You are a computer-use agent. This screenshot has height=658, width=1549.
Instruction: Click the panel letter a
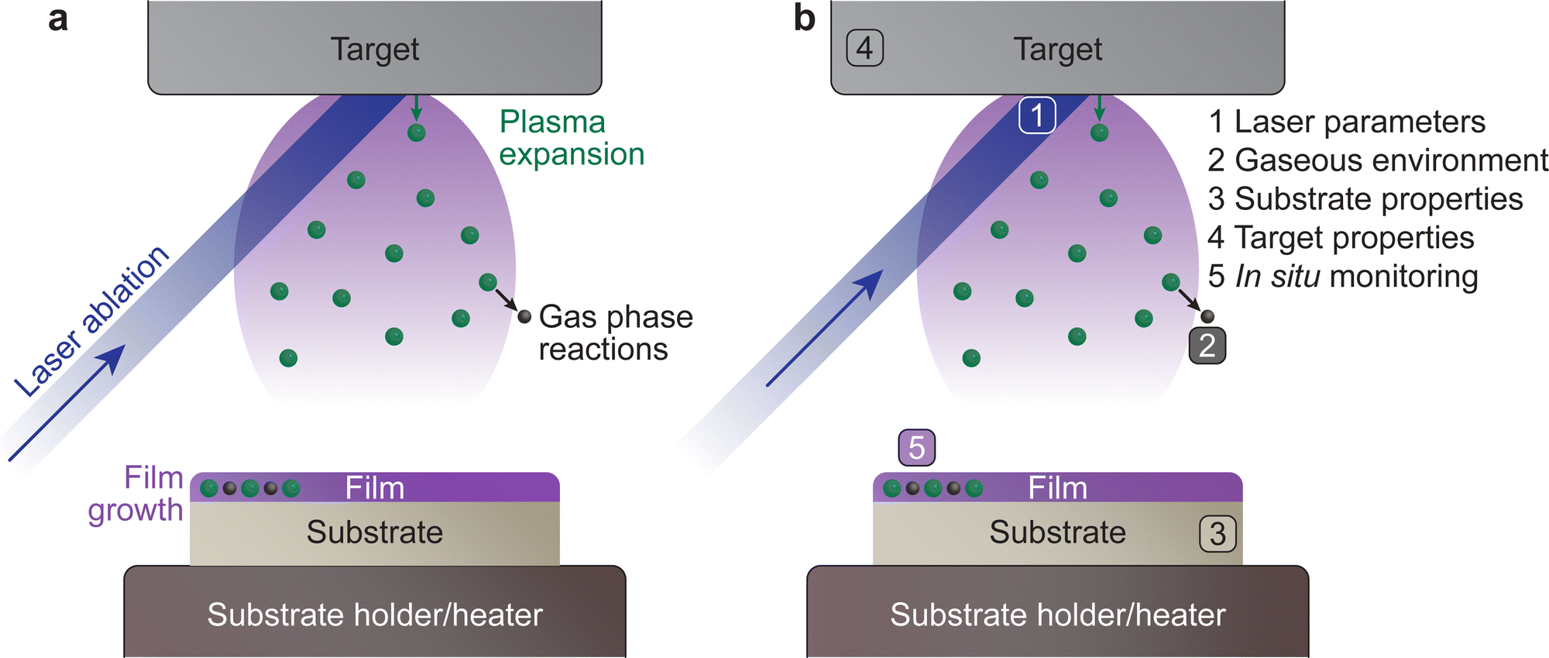[57, 19]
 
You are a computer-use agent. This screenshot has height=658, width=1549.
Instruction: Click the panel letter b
[805, 19]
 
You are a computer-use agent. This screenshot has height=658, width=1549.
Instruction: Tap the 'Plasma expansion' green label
[572, 138]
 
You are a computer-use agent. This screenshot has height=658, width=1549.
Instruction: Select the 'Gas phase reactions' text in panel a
[615, 332]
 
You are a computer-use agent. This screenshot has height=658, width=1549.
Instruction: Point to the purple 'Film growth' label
[136, 494]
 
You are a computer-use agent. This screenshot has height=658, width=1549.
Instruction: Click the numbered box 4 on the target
[864, 48]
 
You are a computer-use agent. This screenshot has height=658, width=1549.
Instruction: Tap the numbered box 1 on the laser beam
[1036, 115]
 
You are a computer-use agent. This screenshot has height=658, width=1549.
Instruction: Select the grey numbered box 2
[1207, 346]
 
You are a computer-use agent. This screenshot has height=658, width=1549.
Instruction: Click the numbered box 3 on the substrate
[1218, 534]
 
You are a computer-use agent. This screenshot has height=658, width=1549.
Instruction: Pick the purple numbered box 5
[916, 448]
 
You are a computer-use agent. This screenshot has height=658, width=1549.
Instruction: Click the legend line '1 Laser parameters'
[1346, 122]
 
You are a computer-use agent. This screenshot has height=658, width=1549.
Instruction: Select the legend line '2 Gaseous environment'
[1377, 160]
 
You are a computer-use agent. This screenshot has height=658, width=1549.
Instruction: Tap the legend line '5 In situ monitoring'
[1342, 277]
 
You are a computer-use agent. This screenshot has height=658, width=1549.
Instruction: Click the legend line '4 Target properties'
[1340, 238]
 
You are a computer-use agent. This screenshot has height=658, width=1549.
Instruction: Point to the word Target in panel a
[375, 49]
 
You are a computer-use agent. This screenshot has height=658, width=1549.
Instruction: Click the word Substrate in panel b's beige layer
[1057, 532]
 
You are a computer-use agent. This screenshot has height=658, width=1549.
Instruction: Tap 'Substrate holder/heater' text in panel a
[375, 615]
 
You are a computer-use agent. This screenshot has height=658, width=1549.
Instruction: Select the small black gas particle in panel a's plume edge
[524, 316]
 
